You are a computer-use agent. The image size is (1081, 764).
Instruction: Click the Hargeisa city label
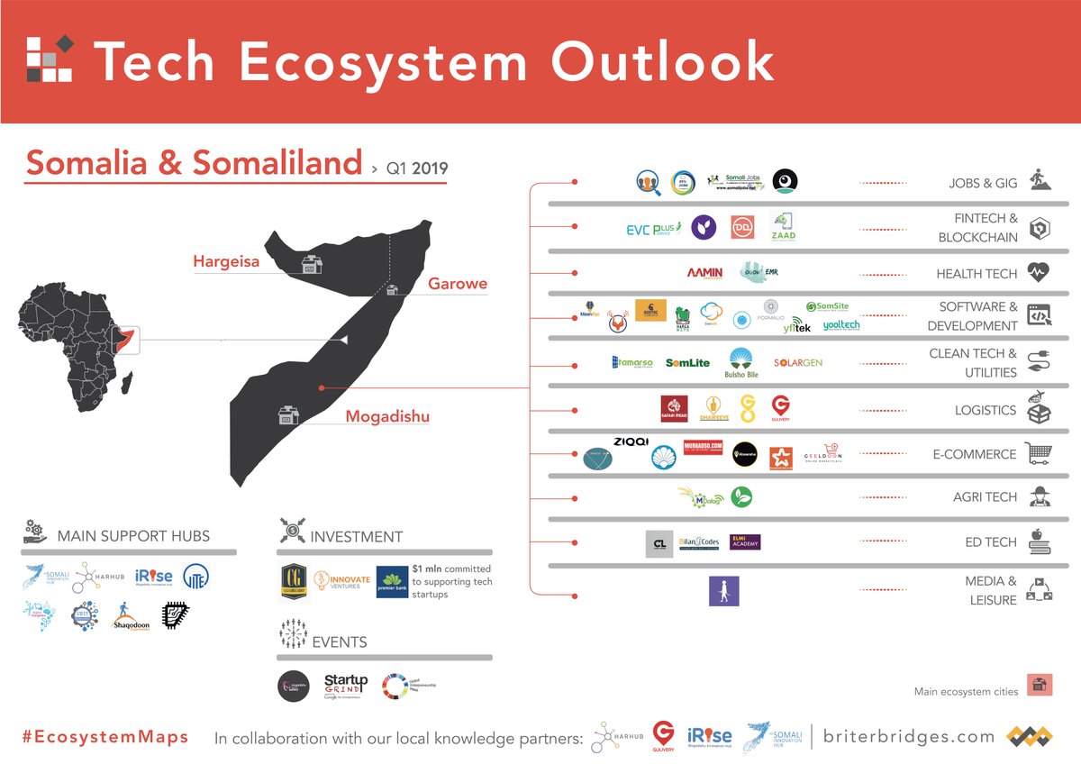(x=226, y=262)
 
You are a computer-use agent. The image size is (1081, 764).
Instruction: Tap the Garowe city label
(x=458, y=284)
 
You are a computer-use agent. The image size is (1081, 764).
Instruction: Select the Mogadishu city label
(x=387, y=416)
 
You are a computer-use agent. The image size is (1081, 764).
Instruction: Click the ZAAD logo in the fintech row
(x=783, y=228)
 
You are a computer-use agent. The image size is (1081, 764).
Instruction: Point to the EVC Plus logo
(x=653, y=228)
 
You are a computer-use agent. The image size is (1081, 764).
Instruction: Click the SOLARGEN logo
(x=797, y=363)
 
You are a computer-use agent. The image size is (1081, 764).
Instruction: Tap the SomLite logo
(x=687, y=363)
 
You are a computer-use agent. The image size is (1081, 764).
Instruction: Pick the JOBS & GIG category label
(x=983, y=183)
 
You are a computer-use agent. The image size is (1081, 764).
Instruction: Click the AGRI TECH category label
(x=986, y=496)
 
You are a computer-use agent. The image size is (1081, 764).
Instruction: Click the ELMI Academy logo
(x=745, y=542)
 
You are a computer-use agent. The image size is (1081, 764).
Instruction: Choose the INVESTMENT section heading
(x=356, y=536)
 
